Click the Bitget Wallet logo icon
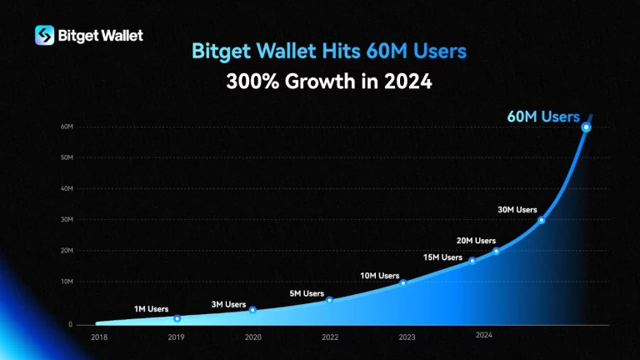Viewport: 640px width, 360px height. (45, 35)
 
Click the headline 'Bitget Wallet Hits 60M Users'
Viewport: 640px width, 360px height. (328, 52)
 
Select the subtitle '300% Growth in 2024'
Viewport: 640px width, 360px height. (328, 82)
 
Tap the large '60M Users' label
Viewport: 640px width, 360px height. (542, 117)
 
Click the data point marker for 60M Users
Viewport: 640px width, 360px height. (586, 127)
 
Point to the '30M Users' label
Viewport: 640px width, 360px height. (517, 210)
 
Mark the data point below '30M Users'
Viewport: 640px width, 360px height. (542, 220)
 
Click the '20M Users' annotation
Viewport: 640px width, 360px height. (477, 240)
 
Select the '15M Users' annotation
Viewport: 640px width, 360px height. (442, 257)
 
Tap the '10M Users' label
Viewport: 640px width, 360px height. (379, 275)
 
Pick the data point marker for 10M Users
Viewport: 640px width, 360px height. (403, 283)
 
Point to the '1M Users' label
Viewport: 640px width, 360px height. (151, 309)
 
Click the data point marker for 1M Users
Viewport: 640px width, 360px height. (177, 318)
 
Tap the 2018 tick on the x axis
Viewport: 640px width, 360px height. (98, 337)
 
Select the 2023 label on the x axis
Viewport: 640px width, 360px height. (407, 337)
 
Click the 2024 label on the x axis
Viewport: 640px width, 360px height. (484, 334)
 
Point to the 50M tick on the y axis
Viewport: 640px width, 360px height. (67, 157)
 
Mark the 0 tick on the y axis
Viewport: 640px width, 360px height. (70, 324)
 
